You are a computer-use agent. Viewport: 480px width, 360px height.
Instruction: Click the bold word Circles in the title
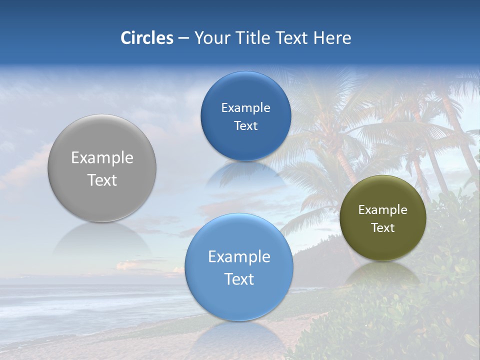click(x=146, y=38)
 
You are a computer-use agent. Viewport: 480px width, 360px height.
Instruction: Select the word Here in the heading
click(x=332, y=38)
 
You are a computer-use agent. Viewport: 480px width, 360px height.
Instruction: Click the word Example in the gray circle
click(x=102, y=157)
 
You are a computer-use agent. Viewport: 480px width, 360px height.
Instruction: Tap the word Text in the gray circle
click(x=102, y=180)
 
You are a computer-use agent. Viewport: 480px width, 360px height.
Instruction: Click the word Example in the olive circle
click(x=382, y=210)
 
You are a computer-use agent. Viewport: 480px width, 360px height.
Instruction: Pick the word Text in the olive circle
click(x=382, y=228)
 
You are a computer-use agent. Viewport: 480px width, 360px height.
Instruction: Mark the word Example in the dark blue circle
click(x=245, y=107)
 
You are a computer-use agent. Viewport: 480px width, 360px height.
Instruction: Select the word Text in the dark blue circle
click(x=245, y=126)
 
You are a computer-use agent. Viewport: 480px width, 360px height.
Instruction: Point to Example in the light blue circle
click(x=239, y=256)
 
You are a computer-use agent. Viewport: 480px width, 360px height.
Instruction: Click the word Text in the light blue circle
click(x=239, y=279)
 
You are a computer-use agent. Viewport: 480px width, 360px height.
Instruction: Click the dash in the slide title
click(x=183, y=38)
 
